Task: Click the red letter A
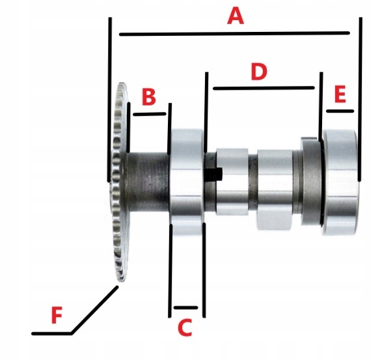(236, 16)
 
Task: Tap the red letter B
(149, 97)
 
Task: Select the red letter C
(185, 327)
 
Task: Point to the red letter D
(259, 72)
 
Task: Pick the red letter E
(340, 94)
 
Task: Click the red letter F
(57, 314)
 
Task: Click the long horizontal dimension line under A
(235, 34)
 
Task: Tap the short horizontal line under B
(150, 114)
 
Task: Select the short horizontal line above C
(185, 308)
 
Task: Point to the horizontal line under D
(264, 88)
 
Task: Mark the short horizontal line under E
(340, 111)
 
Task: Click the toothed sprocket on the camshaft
(120, 182)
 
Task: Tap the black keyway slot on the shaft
(213, 174)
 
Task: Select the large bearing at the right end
(340, 182)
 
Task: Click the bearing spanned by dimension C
(186, 182)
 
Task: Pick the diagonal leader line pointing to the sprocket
(94, 309)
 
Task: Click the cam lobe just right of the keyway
(232, 182)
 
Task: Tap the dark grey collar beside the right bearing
(311, 182)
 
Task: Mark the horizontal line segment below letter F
(51, 333)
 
